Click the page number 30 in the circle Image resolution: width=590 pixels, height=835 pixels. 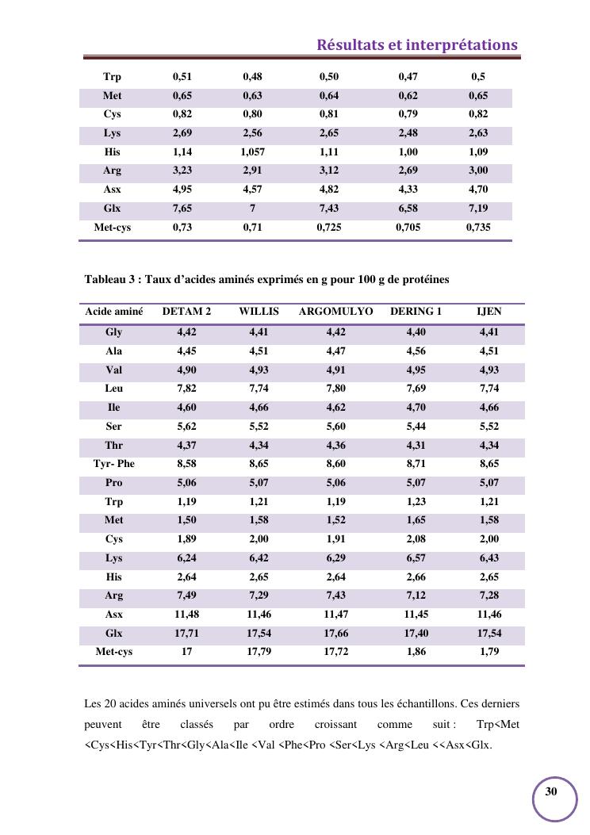(551, 791)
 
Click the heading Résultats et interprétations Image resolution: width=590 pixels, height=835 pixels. (417, 45)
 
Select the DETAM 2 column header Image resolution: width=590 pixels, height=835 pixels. (186, 312)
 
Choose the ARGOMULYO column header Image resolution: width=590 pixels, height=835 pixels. (335, 312)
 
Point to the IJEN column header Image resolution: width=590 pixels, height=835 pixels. (488, 312)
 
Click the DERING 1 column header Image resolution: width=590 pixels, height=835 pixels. (416, 312)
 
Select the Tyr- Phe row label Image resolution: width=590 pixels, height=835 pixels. (114, 464)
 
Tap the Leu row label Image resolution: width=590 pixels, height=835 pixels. (114, 389)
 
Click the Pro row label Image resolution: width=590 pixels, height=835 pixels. (114, 483)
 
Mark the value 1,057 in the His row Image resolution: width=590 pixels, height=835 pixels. (253, 151)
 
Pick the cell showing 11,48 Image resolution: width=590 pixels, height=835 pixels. (186, 615)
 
